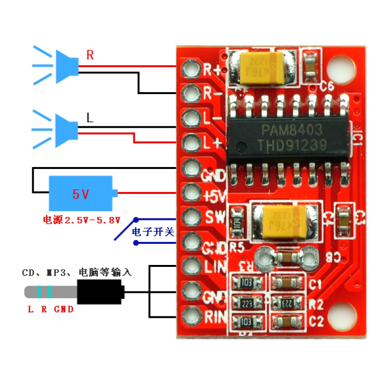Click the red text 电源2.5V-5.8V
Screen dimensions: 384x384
[81, 220]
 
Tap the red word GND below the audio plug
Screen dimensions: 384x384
[64, 310]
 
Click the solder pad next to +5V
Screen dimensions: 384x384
[192, 193]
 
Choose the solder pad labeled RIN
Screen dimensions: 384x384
[192, 315]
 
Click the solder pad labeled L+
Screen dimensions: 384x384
[192, 142]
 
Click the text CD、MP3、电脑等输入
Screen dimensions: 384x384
[76, 273]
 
